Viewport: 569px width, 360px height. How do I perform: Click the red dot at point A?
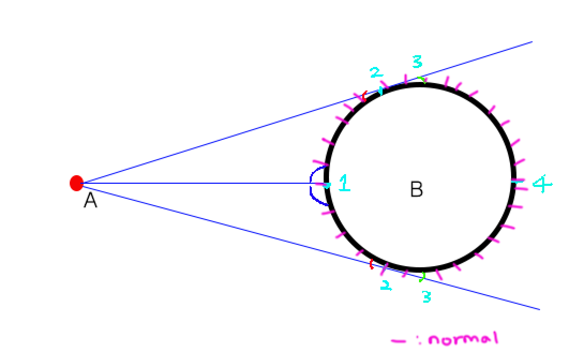point(77,183)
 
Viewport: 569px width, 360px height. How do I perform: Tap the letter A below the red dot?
point(90,201)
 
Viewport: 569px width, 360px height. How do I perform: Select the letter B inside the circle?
point(416,189)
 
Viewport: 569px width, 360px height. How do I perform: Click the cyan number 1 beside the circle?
point(344,184)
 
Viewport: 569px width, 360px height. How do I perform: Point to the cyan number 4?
point(542,185)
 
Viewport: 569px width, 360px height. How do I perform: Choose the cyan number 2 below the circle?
point(385,286)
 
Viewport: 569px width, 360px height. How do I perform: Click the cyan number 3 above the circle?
point(417,62)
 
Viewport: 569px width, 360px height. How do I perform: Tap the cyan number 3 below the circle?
point(426,296)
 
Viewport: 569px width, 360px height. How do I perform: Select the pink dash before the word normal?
point(398,340)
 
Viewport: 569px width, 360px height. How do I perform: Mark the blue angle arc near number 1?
point(315,185)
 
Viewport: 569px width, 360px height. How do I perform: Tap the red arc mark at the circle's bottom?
point(372,263)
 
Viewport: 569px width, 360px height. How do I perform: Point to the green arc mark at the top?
point(423,80)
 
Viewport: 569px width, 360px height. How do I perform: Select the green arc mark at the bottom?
point(423,277)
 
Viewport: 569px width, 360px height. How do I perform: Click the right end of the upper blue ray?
point(531,42)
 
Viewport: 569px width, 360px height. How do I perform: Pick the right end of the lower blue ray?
point(539,309)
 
